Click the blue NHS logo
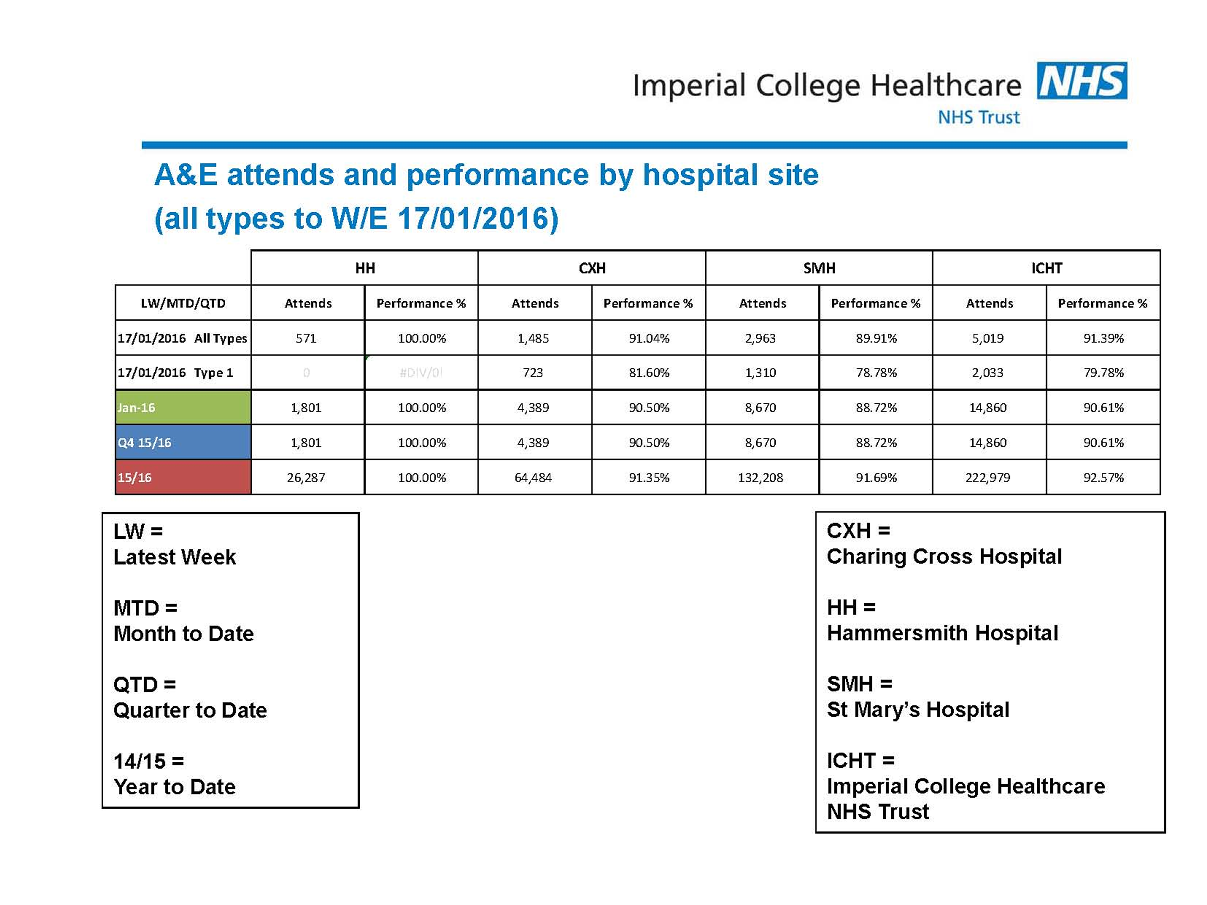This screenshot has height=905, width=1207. [x=1082, y=81]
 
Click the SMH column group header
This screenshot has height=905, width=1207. [x=819, y=268]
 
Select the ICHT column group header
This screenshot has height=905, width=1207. [x=1046, y=268]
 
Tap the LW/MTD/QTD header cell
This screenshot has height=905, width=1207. [x=183, y=303]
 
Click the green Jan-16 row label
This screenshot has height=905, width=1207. [x=183, y=408]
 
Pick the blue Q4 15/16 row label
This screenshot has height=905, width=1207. [x=183, y=442]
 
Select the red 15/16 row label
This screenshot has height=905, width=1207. [x=183, y=477]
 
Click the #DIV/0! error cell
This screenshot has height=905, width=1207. [x=421, y=372]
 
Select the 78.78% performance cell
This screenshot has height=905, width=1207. [x=876, y=372]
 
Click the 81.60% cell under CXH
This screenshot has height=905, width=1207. [x=649, y=372]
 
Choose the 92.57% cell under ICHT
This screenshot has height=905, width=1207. [x=1103, y=477]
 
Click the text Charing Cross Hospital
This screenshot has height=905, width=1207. [x=944, y=557]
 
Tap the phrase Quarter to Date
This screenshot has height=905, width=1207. [x=190, y=710]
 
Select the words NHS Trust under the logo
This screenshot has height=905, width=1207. [x=978, y=117]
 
